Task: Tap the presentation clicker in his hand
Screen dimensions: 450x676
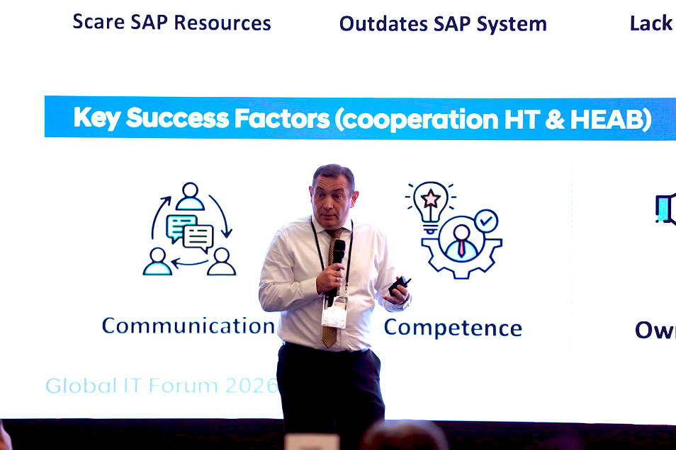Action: (398, 285)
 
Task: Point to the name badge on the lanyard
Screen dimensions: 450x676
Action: (334, 311)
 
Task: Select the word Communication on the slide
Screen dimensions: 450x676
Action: (188, 325)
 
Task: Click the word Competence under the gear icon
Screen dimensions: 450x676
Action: (453, 328)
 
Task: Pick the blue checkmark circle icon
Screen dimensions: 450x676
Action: (486, 221)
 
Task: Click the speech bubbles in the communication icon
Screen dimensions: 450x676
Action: (189, 233)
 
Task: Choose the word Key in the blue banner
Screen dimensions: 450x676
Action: (97, 118)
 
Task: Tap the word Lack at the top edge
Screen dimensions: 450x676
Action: (650, 23)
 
